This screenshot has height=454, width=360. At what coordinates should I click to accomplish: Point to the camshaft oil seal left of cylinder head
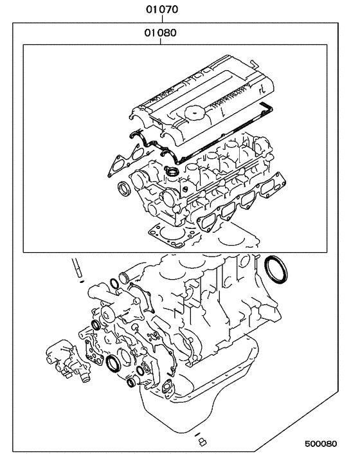point(125,188)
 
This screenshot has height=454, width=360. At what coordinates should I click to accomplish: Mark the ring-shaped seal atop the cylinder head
point(172,170)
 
